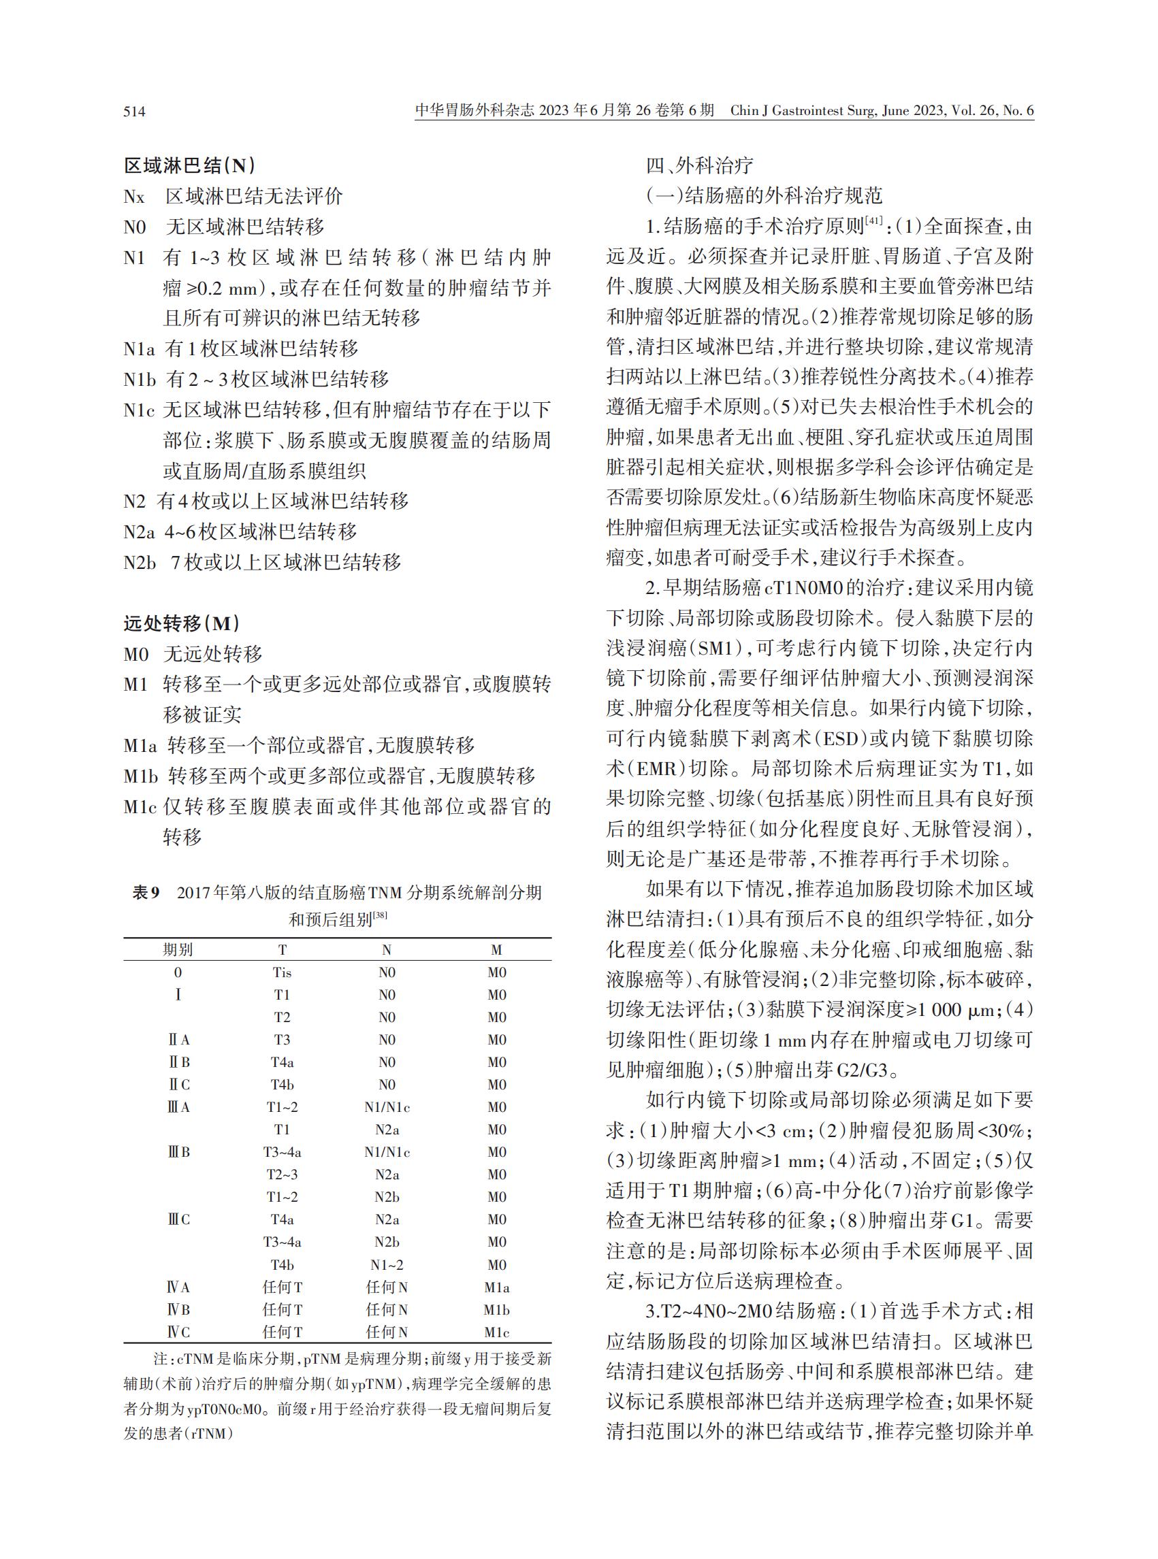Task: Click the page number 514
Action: (135, 112)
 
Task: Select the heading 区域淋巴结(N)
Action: (189, 165)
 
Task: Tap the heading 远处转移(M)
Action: (182, 623)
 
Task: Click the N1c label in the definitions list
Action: (140, 410)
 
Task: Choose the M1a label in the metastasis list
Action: (140, 746)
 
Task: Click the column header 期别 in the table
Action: (178, 949)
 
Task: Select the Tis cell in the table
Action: (282, 972)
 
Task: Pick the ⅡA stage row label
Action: (179, 1040)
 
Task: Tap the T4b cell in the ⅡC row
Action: (282, 1085)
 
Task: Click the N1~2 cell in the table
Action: (387, 1265)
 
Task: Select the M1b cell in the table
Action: (496, 1309)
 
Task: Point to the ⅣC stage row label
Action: (178, 1332)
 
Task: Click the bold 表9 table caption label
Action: (146, 893)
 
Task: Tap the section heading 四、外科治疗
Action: (700, 165)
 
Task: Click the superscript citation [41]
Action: (874, 220)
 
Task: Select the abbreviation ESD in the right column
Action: (837, 738)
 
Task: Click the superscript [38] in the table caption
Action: (380, 915)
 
